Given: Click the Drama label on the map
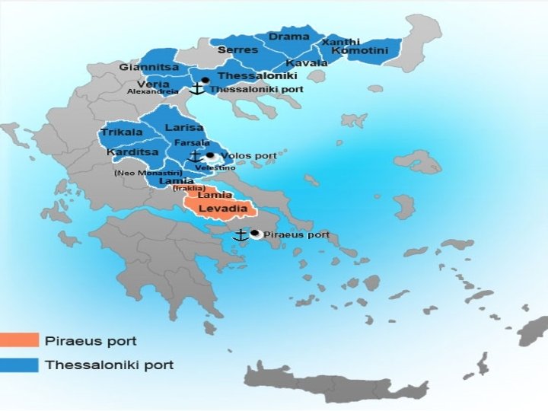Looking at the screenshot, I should point(288,37).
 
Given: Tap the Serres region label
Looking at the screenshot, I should point(232,49).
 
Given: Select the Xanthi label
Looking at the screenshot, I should point(341,41).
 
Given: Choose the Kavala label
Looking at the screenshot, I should point(306,62).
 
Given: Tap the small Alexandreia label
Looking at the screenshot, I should point(152,91).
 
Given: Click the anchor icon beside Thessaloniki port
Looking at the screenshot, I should point(196,88).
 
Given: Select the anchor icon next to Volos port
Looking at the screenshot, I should point(196,155).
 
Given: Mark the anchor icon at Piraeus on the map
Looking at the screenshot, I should point(241,235).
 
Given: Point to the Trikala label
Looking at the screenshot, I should point(122,132).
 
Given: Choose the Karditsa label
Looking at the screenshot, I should point(132,152).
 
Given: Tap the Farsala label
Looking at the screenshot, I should point(191,142).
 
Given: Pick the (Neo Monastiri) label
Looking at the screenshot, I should point(147,173).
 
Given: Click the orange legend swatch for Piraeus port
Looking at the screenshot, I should point(20,340).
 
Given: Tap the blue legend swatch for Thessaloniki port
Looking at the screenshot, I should point(20,365).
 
